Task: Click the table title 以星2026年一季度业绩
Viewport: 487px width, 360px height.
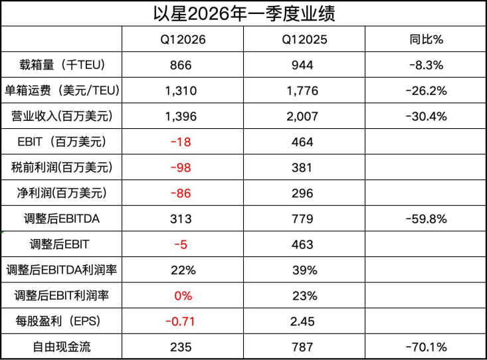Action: pos(244,14)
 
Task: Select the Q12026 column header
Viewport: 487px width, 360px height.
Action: pos(183,39)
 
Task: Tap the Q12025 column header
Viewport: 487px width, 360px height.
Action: pos(304,39)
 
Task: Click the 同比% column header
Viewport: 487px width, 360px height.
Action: pos(426,39)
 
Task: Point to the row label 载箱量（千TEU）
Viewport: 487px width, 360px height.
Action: pos(62,65)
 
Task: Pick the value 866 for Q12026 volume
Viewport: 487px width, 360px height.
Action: pos(181,65)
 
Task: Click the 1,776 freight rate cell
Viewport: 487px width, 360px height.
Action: pos(302,91)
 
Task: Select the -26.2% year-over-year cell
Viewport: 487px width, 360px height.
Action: pos(426,91)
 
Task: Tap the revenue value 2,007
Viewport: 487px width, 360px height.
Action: pos(302,116)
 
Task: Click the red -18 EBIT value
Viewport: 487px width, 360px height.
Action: pos(181,142)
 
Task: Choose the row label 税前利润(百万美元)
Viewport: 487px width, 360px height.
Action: pos(62,167)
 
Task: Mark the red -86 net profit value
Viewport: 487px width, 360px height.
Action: pos(181,193)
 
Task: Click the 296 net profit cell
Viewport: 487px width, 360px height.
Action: pos(302,193)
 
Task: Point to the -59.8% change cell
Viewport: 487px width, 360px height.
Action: pos(426,219)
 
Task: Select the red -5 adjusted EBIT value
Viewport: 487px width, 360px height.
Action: pos(181,244)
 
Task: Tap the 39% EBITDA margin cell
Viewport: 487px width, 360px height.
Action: pos(305,270)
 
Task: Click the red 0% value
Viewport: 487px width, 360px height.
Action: pos(183,296)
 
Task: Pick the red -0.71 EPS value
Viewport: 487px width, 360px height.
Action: pos(180,321)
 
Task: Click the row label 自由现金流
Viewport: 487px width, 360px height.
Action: pos(62,347)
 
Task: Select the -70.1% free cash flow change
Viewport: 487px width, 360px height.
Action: pos(426,347)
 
